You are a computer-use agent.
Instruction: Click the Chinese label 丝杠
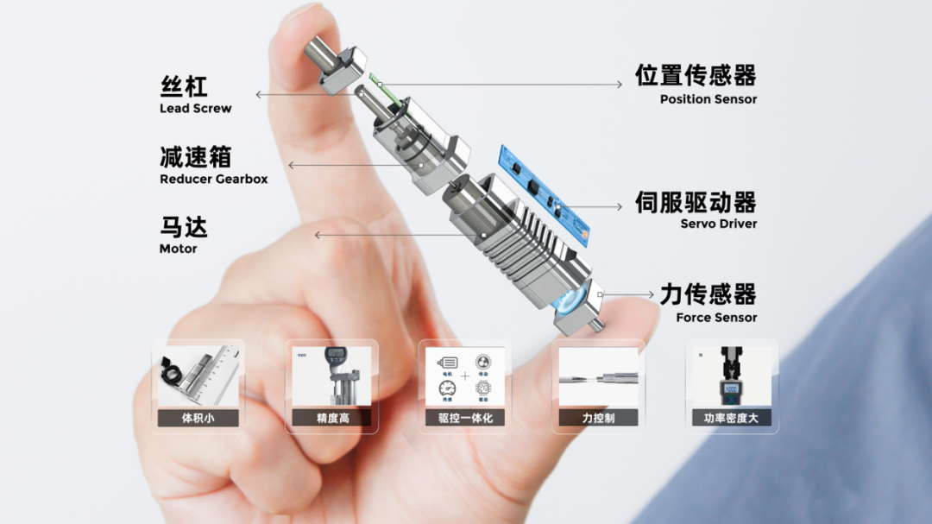(184, 86)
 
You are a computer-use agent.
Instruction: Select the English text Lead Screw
(195, 109)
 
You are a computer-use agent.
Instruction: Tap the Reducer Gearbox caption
(213, 180)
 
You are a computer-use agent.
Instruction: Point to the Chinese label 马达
(184, 228)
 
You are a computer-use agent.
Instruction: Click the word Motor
(178, 249)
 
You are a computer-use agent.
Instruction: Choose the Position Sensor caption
(708, 99)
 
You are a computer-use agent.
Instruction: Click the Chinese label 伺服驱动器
(696, 203)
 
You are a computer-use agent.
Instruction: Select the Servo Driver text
(718, 224)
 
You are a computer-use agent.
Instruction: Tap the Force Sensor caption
(716, 318)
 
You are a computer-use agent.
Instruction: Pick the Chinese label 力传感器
(708, 294)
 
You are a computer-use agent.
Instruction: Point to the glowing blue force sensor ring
(571, 304)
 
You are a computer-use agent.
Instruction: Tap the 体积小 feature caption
(198, 419)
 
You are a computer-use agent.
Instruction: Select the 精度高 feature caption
(332, 419)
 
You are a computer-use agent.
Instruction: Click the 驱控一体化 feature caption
(465, 419)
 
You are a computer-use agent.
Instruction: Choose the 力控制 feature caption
(598, 419)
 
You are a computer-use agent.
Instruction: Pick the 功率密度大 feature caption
(731, 419)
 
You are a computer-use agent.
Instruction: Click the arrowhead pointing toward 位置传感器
(618, 85)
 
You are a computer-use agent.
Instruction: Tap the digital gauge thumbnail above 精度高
(332, 376)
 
